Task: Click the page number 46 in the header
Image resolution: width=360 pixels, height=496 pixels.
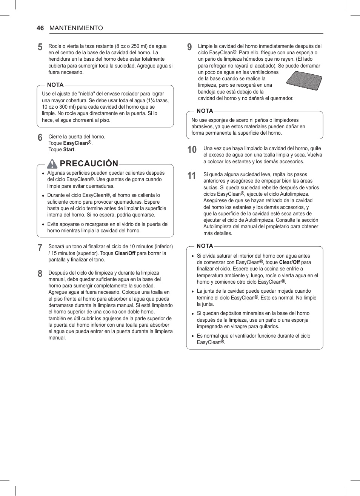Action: [x=40, y=28]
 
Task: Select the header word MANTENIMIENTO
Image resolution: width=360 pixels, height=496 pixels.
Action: [x=76, y=28]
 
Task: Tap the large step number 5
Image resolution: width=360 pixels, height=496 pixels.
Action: [x=40, y=47]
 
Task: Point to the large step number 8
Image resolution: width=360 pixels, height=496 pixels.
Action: [x=40, y=274]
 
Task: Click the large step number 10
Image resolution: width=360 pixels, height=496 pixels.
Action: [x=192, y=150]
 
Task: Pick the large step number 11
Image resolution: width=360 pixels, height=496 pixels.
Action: [x=192, y=176]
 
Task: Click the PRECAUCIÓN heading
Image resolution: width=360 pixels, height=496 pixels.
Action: [x=89, y=163]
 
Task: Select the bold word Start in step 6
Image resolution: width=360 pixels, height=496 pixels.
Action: [x=69, y=150]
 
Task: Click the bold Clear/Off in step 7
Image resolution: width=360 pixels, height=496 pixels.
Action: [x=125, y=253]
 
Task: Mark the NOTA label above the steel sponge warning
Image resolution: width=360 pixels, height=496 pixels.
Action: [x=205, y=111]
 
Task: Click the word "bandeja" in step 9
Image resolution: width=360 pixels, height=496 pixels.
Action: [x=207, y=92]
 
